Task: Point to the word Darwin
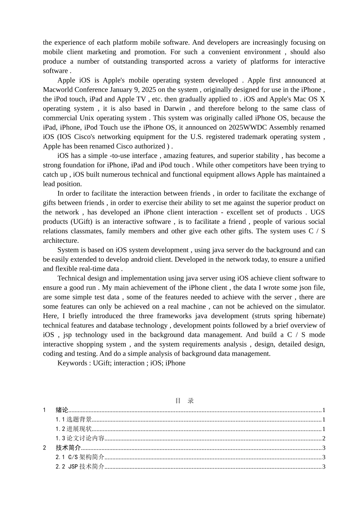pyautogui.click(x=174, y=109)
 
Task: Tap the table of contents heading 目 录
pyautogui.click(x=185, y=401)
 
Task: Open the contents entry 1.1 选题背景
pyautogui.click(x=74, y=420)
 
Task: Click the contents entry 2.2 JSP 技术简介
pyautogui.click(x=80, y=467)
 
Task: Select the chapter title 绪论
pyautogui.click(x=62, y=410)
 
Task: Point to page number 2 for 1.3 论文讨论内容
pyautogui.click(x=324, y=439)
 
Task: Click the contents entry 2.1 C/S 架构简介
pyautogui.click(x=80, y=457)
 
